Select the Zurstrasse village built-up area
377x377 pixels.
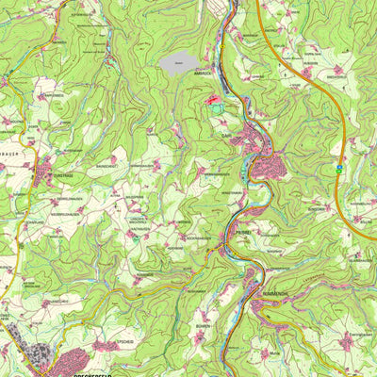point(44,172)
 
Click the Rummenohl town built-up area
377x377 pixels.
point(267,303)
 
